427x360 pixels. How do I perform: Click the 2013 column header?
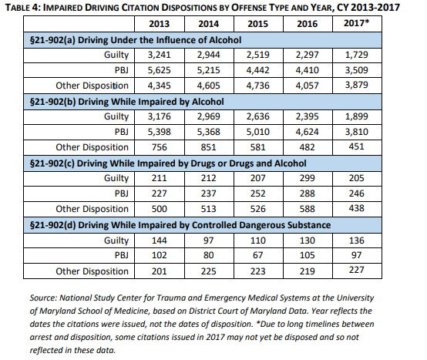[159, 24]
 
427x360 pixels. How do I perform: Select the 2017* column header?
[356, 23]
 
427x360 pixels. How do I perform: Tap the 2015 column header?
[257, 24]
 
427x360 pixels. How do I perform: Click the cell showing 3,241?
[159, 55]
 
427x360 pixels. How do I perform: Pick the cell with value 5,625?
[159, 70]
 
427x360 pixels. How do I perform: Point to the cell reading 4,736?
[257, 86]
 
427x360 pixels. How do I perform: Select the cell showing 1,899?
[356, 116]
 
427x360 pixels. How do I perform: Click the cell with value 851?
[208, 147]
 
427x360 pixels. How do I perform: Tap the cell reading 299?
[308, 178]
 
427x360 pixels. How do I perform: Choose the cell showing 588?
[308, 209]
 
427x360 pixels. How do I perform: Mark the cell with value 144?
[159, 241]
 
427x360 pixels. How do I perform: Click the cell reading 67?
[257, 255]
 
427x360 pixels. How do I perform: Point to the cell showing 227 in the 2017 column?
[356, 270]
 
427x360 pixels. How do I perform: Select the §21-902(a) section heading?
[136, 40]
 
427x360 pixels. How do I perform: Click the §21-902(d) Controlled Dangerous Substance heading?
[180, 225]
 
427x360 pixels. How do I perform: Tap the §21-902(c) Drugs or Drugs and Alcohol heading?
[168, 163]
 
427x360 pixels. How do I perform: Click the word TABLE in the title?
[18, 8]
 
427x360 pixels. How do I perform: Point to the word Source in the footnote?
[43, 298]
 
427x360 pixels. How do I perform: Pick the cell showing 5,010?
[257, 132]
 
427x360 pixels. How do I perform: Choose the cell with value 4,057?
[308, 86]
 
